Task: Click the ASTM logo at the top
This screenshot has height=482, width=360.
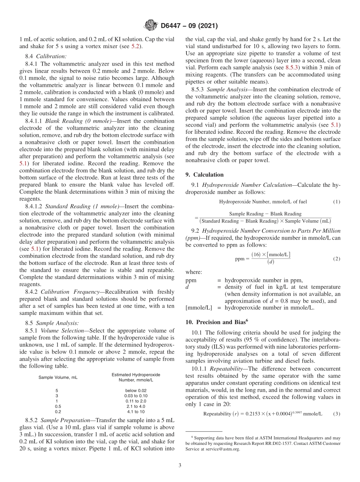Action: [151, 26]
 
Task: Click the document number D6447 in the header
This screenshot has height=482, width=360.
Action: [173, 26]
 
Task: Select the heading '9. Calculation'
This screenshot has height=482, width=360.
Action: [205, 175]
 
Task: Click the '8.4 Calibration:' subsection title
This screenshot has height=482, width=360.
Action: [46, 56]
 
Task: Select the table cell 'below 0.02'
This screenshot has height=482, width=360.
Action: [136, 390]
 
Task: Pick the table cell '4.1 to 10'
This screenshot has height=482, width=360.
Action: [136, 412]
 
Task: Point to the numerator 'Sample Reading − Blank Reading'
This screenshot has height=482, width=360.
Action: [265, 214]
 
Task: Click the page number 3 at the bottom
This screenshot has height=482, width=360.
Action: [180, 465]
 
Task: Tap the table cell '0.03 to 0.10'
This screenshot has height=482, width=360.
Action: [136, 396]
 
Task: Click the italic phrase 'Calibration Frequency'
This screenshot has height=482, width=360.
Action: [67, 292]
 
